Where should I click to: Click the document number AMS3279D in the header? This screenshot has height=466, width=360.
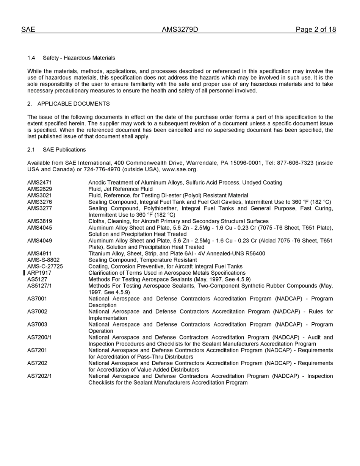click(180, 30)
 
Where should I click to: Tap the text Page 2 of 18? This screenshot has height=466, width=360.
click(316, 30)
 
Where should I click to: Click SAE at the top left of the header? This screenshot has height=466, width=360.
click(28, 30)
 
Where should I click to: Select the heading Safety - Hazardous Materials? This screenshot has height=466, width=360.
click(79, 58)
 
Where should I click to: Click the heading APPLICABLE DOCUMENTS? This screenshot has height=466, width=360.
click(74, 104)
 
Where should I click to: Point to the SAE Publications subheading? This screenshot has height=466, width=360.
click(64, 150)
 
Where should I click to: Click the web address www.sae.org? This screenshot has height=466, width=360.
click(179, 169)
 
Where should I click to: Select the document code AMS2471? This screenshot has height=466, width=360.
click(40, 183)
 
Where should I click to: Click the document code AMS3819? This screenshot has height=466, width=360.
click(40, 221)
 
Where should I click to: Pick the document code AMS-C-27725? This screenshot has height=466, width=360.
click(45, 266)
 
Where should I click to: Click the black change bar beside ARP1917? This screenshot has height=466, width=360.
click(24, 273)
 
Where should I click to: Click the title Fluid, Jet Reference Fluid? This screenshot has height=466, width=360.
click(121, 189)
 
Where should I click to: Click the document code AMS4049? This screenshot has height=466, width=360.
click(40, 241)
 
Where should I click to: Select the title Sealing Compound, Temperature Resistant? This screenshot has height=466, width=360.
click(142, 260)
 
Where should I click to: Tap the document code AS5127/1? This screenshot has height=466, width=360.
click(39, 286)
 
